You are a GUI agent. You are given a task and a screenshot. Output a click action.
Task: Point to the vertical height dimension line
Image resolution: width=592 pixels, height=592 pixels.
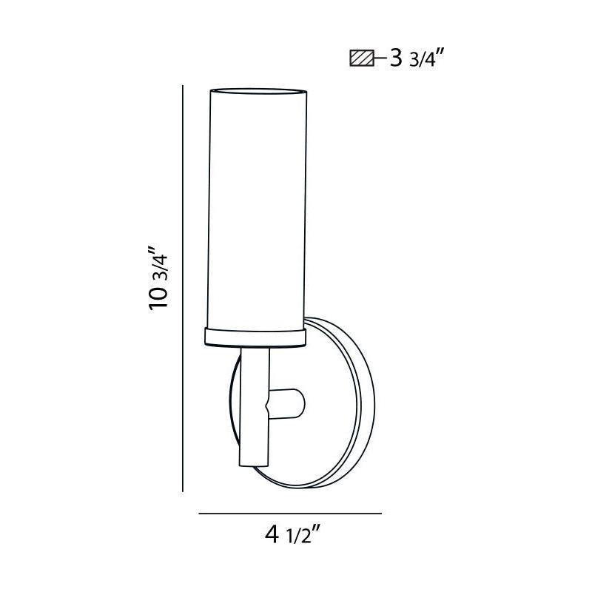tap(183, 289)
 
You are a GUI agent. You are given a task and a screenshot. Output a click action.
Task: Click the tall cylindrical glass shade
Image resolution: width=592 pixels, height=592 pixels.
tap(255, 207)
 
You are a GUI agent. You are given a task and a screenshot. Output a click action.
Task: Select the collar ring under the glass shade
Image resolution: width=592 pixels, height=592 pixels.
tap(255, 335)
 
